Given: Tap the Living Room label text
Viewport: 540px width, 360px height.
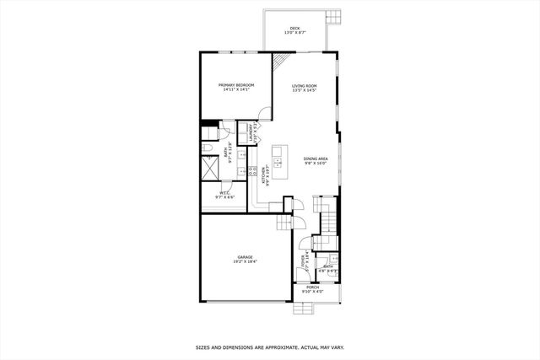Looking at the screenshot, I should [x=304, y=85].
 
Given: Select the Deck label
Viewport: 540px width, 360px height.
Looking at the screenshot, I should [x=295, y=29].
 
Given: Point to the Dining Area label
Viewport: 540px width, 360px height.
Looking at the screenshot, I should [x=316, y=159].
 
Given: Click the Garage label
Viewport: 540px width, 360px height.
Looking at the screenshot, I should [x=245, y=257].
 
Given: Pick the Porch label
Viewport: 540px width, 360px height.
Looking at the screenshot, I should [x=313, y=287].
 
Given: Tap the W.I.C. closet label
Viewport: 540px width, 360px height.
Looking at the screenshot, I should [x=225, y=193].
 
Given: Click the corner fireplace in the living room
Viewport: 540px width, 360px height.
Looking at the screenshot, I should [x=280, y=62].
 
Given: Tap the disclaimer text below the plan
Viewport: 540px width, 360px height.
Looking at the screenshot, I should [x=269, y=347].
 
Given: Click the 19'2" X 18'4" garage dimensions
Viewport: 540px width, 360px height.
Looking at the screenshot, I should [x=245, y=262].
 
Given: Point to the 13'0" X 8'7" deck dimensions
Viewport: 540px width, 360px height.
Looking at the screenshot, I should [x=295, y=34].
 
